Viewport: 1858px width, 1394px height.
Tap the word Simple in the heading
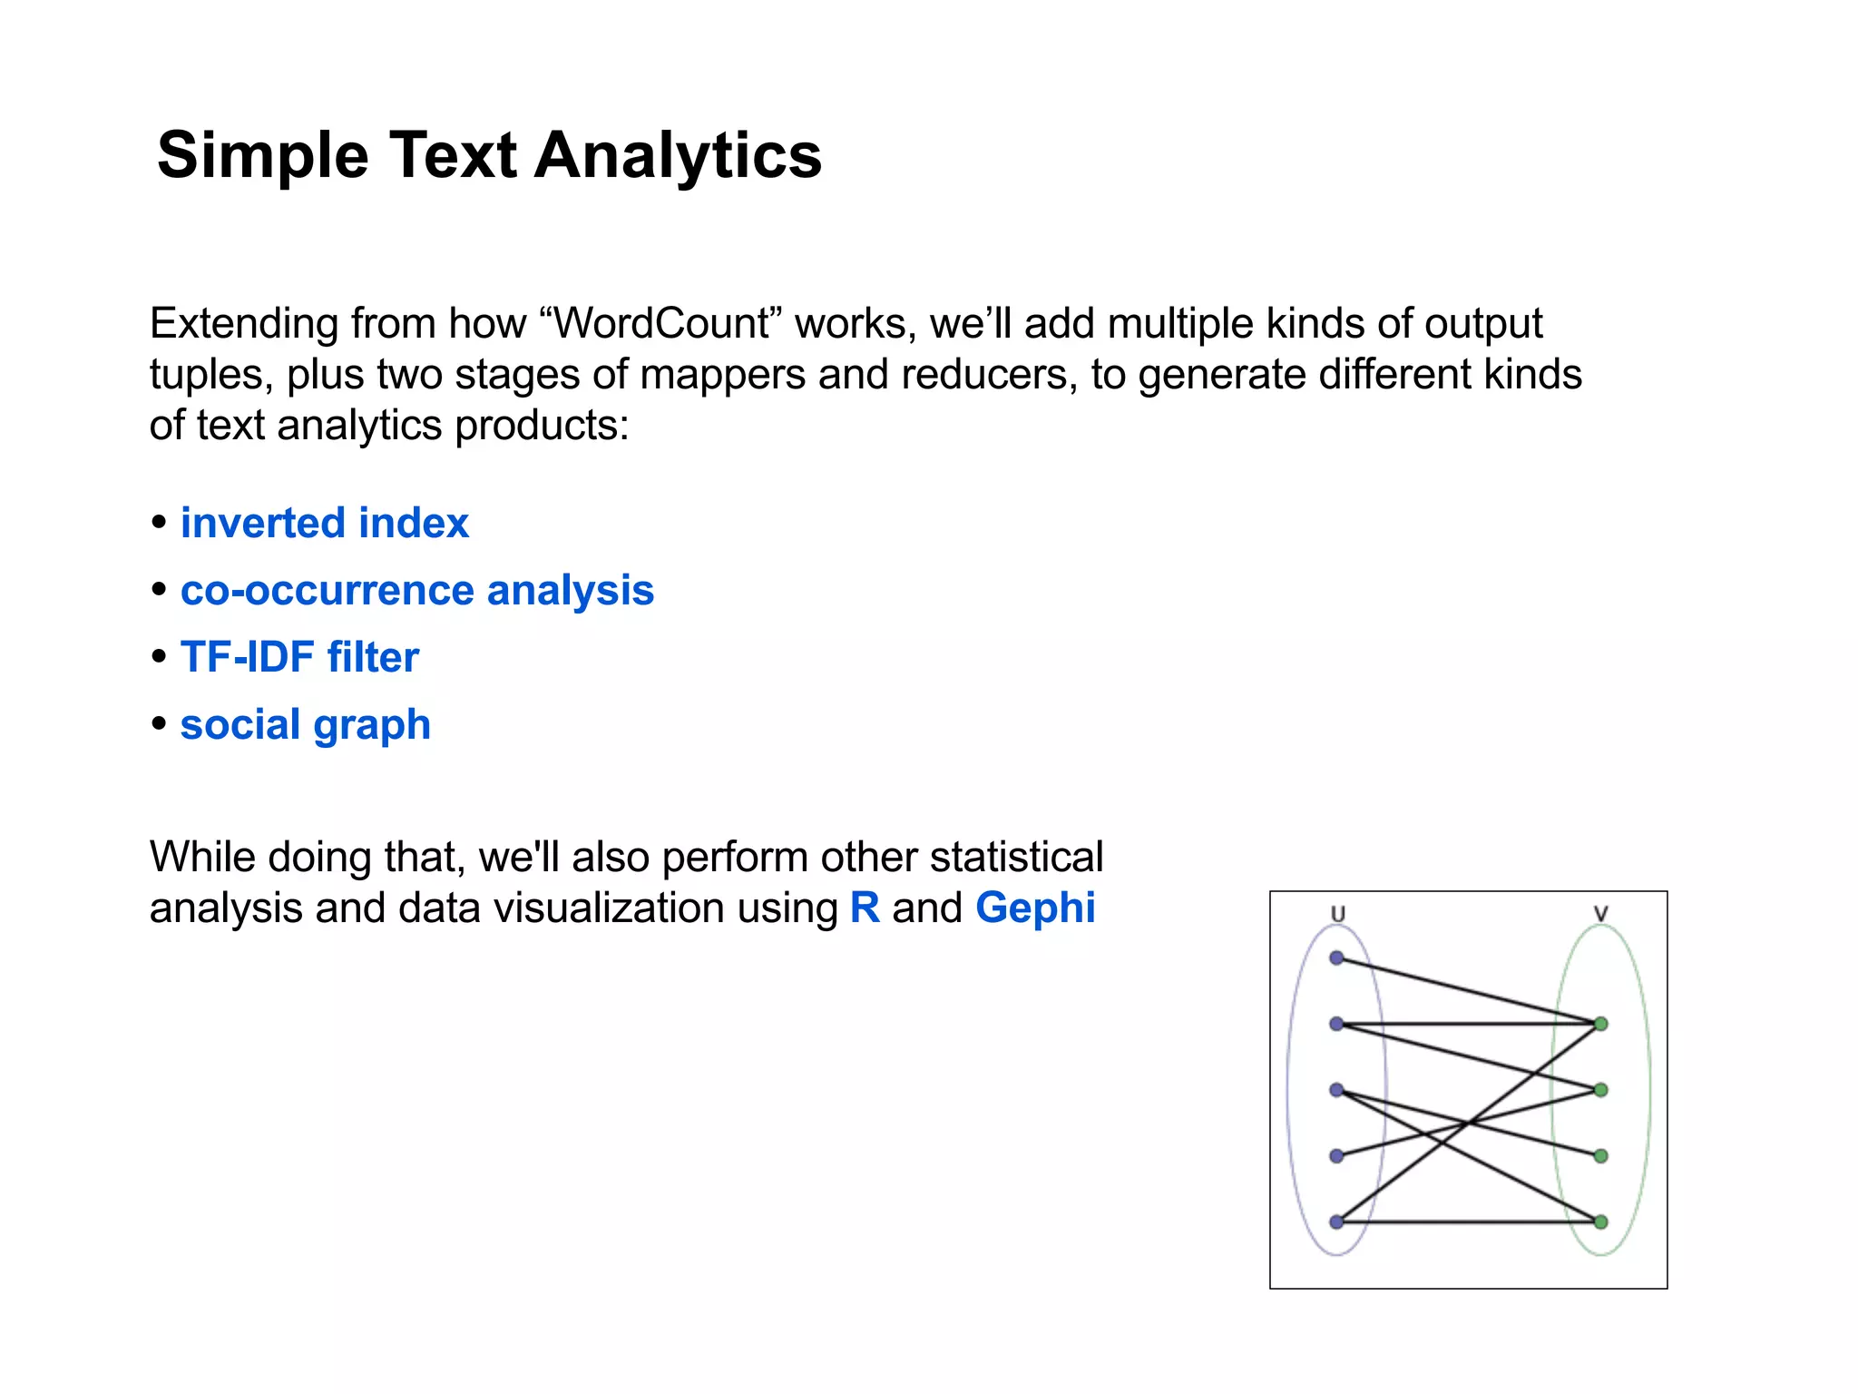tap(263, 155)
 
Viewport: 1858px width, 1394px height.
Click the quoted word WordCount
tap(661, 324)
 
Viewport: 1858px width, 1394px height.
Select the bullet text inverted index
tap(324, 524)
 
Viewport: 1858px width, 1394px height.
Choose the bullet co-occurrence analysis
tap(416, 591)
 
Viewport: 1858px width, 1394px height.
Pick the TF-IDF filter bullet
tap(299, 657)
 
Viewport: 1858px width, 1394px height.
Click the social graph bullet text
tap(305, 724)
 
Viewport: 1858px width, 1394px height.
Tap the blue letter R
tap(865, 908)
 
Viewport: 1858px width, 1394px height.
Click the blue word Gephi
tap(1035, 908)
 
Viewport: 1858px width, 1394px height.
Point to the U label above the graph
tap(1337, 914)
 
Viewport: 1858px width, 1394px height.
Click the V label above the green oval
tap(1600, 914)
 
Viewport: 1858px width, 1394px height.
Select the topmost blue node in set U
tap(1336, 957)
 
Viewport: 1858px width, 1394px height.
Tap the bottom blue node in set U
tap(1336, 1222)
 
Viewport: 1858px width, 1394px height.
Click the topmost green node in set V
tap(1601, 1024)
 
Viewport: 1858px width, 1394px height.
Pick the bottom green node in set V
tap(1601, 1222)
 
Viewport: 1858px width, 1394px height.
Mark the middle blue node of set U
tap(1336, 1089)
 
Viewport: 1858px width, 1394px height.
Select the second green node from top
tap(1601, 1090)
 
